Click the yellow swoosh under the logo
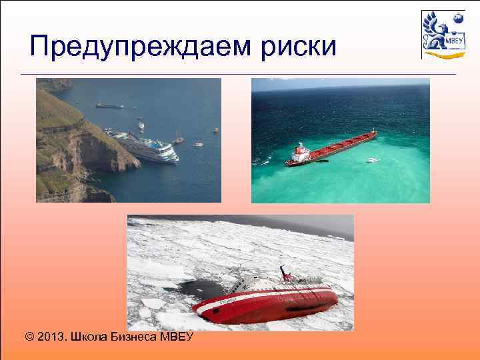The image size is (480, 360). click(438, 56)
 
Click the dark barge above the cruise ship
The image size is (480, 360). click(109, 105)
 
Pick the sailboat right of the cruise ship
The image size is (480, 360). click(178, 139)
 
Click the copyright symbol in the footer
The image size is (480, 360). click(29, 337)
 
